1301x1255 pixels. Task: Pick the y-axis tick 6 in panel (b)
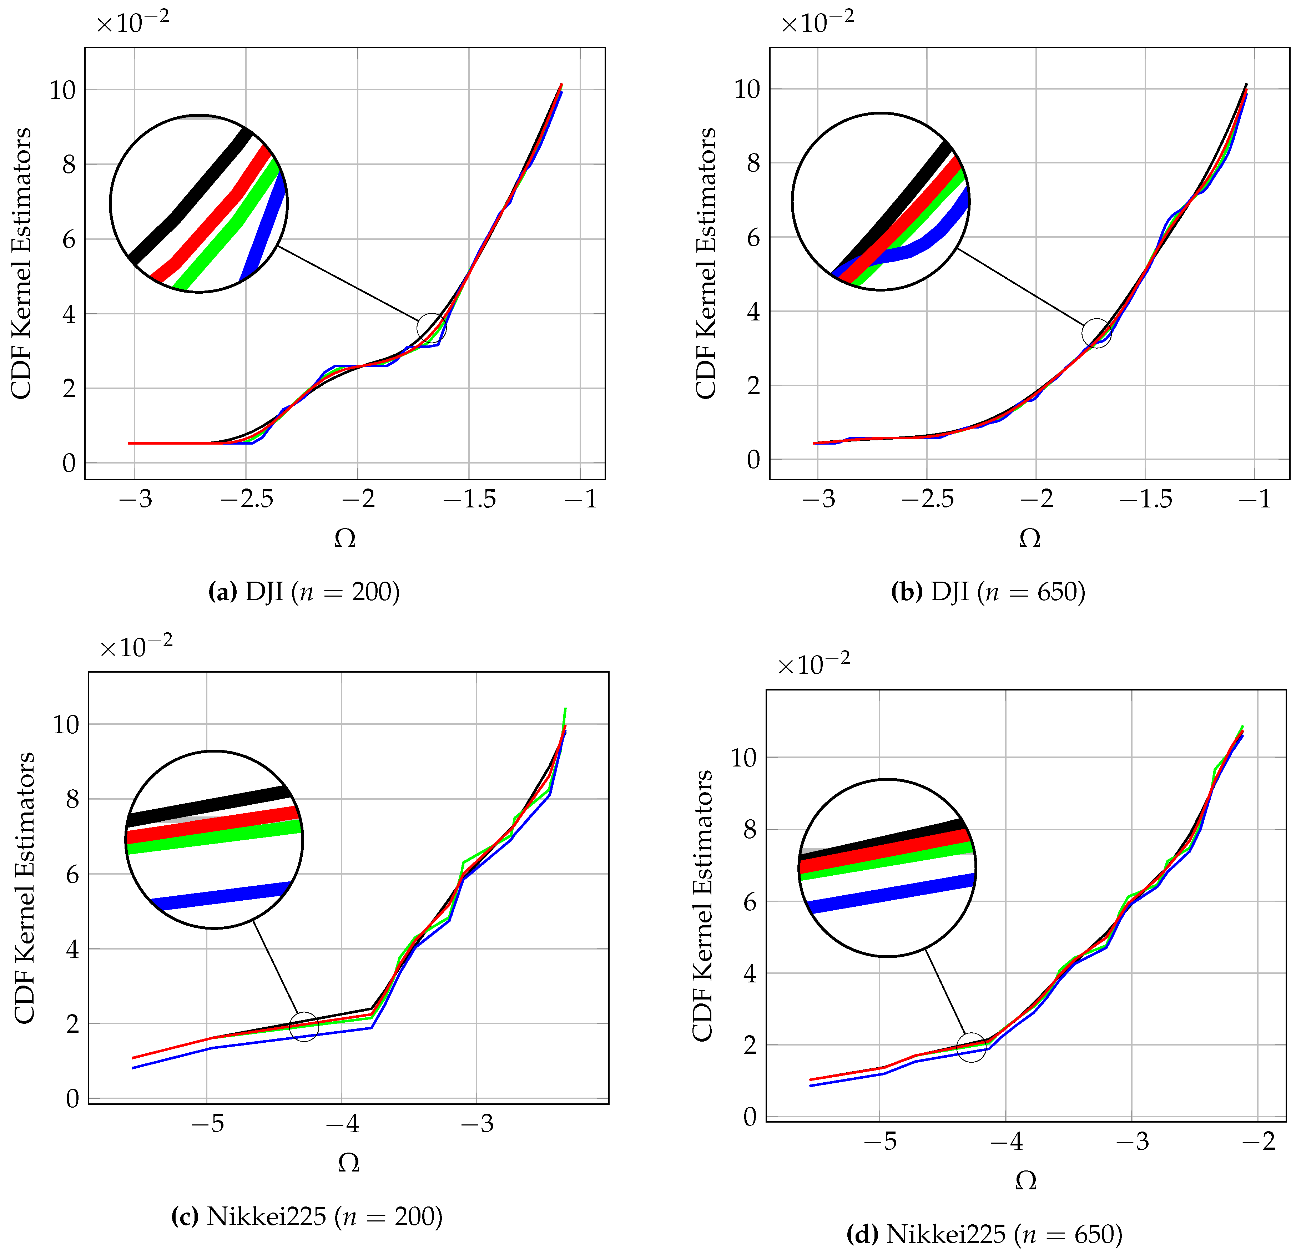[753, 238]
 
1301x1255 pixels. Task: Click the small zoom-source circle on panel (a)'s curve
[432, 328]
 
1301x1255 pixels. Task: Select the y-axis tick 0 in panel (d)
[750, 1117]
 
